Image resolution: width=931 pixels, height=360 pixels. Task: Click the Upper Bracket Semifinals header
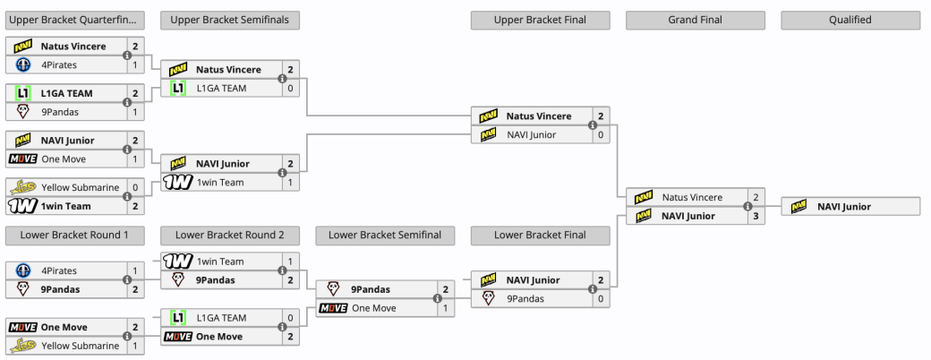click(230, 20)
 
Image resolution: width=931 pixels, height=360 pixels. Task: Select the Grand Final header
click(696, 20)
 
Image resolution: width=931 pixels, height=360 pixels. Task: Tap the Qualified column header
click(850, 20)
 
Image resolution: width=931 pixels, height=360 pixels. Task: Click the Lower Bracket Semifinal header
click(385, 235)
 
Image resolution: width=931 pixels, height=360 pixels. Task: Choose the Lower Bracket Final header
click(540, 235)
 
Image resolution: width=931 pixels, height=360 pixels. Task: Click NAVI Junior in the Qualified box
click(844, 206)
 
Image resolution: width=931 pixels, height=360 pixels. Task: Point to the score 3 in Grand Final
click(756, 216)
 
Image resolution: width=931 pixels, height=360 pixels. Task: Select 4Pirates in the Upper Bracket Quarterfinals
click(59, 64)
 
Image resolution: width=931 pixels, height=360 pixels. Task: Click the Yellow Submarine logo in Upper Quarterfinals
click(22, 187)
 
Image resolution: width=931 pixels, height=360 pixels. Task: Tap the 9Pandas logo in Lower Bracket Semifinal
click(333, 289)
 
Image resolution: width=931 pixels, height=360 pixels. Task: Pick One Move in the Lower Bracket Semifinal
click(374, 308)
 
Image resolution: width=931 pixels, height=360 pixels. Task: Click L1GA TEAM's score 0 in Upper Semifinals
click(290, 89)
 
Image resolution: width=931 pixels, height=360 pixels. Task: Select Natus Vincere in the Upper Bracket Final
click(538, 116)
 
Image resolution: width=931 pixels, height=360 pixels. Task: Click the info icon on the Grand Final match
click(747, 206)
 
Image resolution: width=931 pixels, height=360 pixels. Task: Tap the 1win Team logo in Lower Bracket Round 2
click(177, 261)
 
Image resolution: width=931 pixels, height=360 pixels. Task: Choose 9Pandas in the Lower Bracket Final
click(525, 298)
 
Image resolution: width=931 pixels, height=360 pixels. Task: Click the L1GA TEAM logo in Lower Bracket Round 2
click(177, 318)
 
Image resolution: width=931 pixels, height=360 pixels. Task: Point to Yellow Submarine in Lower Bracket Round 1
click(80, 346)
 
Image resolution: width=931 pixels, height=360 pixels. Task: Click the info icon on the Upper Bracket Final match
click(592, 125)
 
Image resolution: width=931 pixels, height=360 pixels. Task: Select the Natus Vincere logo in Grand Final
click(643, 197)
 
